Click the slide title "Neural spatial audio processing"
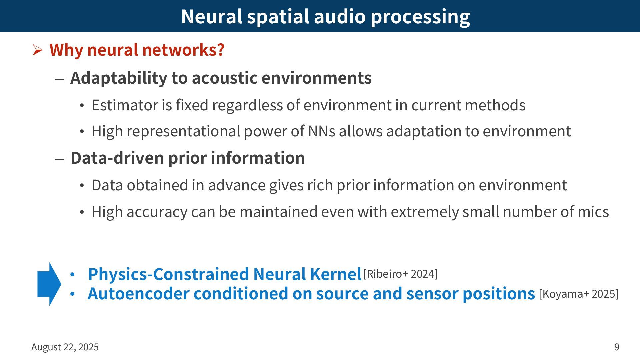325,16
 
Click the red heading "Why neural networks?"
137,50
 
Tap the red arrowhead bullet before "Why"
37,51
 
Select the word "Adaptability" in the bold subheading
118,78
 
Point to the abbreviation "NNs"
321,131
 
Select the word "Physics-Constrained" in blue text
169,274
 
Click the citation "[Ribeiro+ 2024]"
400,274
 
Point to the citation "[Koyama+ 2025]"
579,294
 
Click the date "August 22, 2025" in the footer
65,347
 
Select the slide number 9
617,347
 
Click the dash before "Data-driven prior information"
60,159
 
